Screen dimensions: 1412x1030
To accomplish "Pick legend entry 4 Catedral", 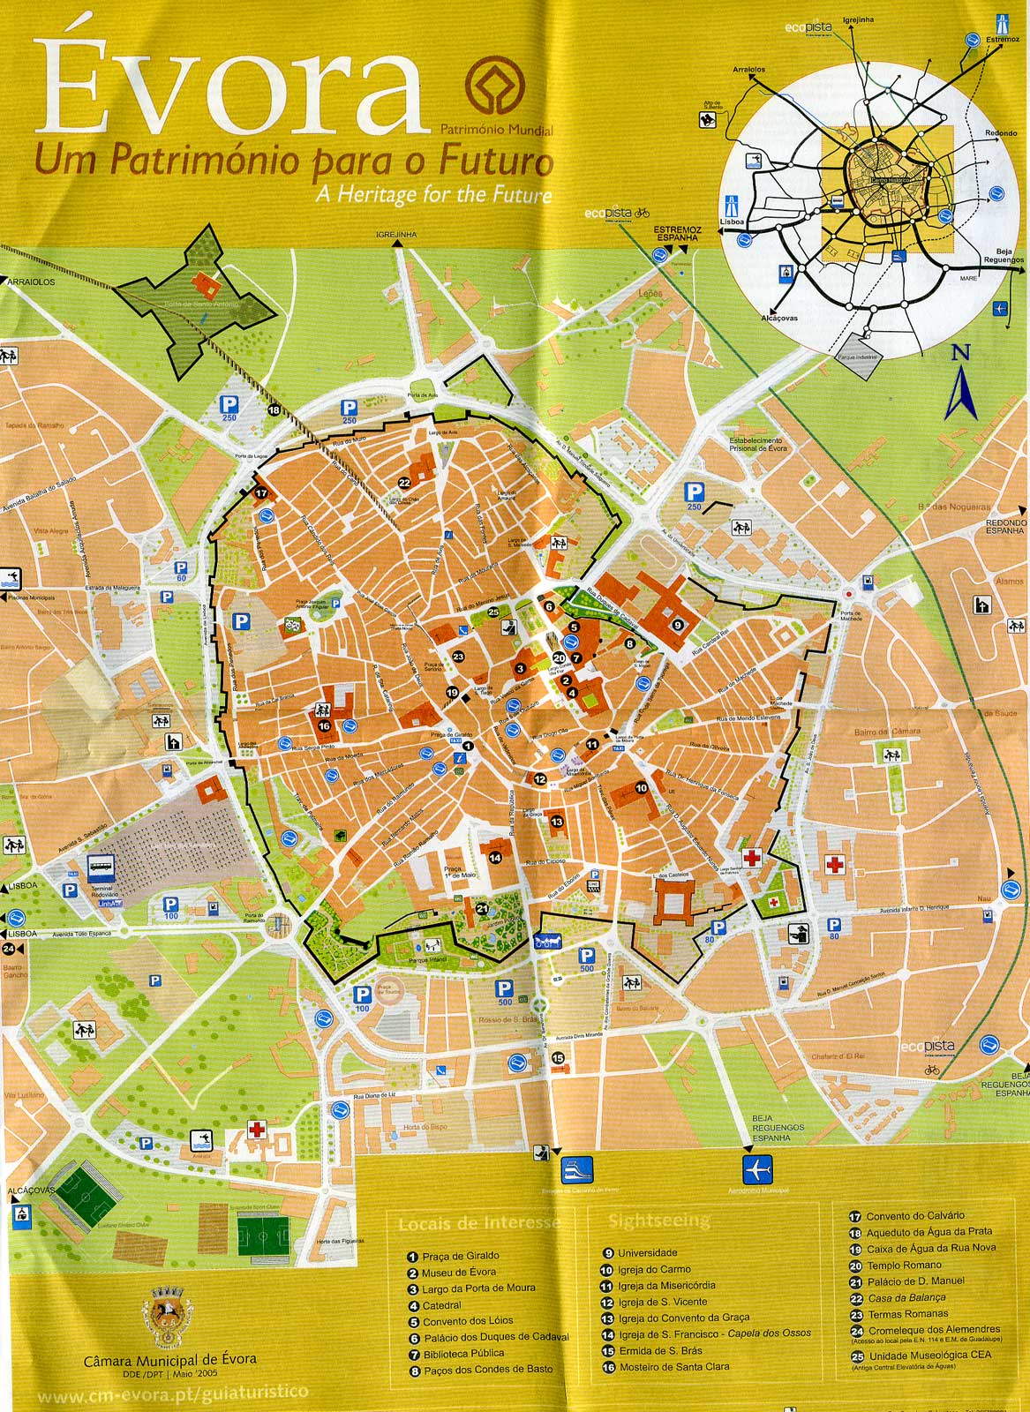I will point(441,1305).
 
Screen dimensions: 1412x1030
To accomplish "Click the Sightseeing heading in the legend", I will point(658,1221).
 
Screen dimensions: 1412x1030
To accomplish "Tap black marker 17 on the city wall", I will point(261,494).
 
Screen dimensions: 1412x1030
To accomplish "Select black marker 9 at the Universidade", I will point(678,624).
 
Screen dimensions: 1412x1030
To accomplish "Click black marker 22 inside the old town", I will point(404,483).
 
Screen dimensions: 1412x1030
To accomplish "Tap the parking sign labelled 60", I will point(181,570).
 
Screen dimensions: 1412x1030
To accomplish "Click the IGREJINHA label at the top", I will point(395,234).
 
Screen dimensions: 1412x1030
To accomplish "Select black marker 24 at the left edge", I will point(8,949).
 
